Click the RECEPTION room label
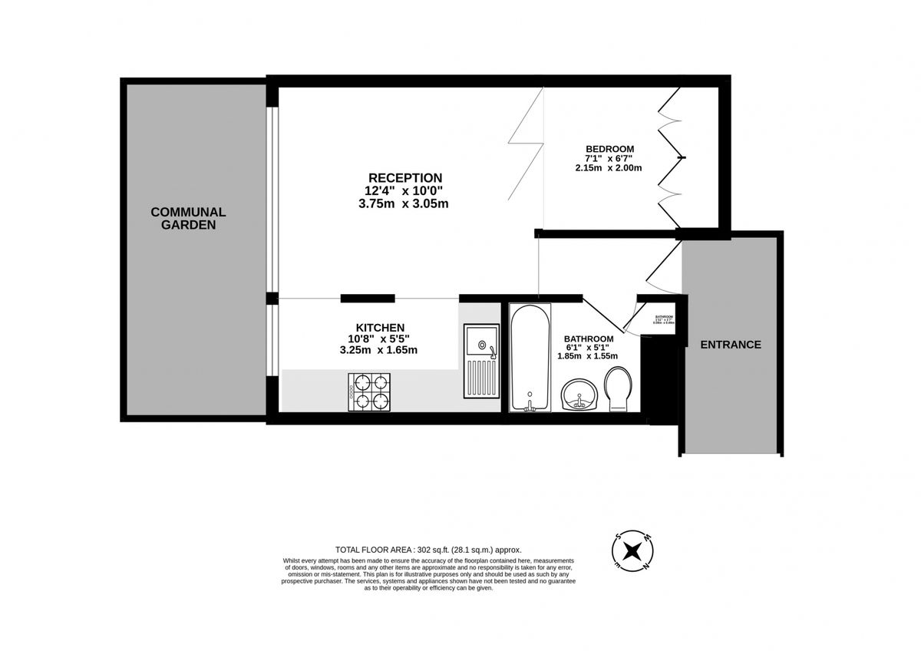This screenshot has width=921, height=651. coord(405,177)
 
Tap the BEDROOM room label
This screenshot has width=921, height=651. coord(609,149)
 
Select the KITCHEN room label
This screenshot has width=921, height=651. coord(379,328)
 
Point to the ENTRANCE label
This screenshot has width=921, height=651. coord(731,345)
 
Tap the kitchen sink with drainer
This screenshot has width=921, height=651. coord(481,360)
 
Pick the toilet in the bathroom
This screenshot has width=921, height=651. coord(618,388)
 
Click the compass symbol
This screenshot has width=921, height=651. coord(633,550)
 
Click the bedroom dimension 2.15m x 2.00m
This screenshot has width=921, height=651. coord(608,168)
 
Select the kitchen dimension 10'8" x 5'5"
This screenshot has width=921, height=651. coord(378,339)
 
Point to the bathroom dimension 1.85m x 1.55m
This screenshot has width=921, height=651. coord(588,356)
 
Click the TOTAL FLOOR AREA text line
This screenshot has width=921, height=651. coord(428,550)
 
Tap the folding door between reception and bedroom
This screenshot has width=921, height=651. coord(526,146)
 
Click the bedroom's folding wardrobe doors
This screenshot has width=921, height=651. coord(670,157)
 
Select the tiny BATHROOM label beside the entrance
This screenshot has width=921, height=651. coord(663,318)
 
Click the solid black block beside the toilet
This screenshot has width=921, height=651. coord(651,380)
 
